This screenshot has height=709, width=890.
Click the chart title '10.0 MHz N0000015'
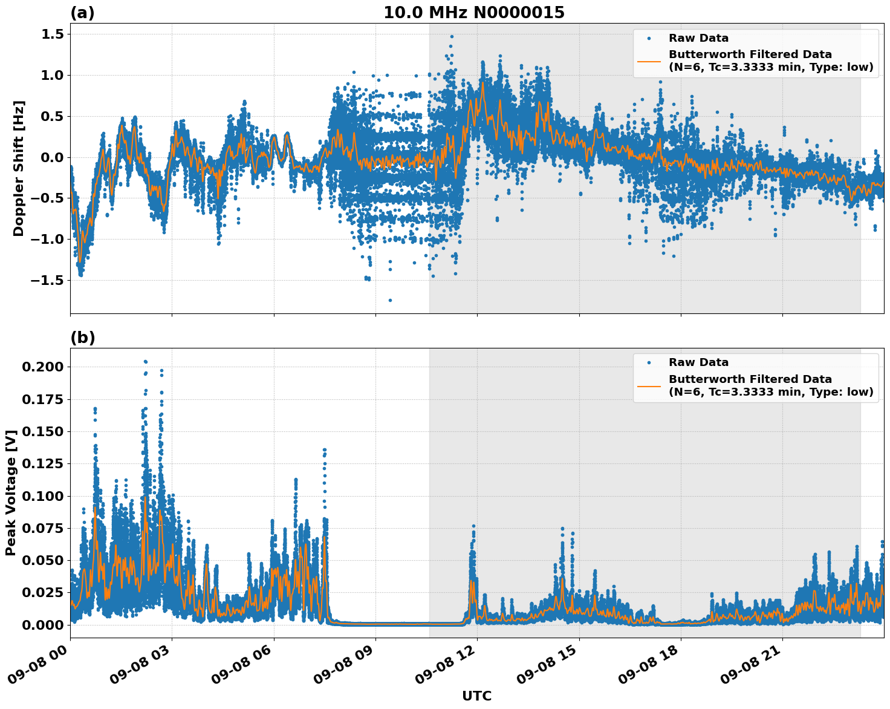[473, 13]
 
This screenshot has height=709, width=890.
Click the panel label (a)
[82, 13]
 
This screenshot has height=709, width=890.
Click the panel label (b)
[82, 338]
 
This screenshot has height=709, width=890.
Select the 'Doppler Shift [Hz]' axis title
[19, 168]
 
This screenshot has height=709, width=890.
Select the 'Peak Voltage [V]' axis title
[10, 492]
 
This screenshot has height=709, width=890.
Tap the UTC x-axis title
[476, 696]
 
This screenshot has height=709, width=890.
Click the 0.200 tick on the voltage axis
[42, 367]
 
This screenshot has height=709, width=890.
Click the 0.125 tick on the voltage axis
[42, 464]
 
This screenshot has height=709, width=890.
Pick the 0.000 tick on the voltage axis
[42, 625]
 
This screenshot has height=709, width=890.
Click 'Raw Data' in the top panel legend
[698, 38]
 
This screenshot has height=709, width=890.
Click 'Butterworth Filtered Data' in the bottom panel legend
[750, 379]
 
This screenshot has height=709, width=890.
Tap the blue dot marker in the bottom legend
[649, 362]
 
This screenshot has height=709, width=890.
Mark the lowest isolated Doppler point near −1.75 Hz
[390, 300]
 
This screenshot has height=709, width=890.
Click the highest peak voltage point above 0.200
[145, 362]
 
